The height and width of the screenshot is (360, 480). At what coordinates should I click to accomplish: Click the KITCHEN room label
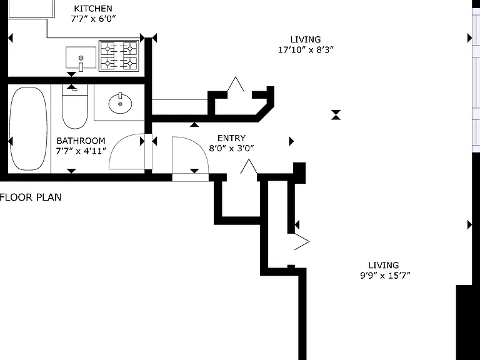93,9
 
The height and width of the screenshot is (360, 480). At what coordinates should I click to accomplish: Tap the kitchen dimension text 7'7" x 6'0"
93,19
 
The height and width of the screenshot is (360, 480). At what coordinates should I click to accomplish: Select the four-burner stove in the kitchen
119,56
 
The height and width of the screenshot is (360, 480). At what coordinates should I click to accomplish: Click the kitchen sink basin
81,57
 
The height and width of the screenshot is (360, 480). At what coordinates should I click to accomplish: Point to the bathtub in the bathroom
29,129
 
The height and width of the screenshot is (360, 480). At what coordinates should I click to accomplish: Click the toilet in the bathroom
75,106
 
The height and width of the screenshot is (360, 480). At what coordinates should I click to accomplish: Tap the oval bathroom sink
120,103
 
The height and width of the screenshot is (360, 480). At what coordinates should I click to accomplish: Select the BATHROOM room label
81,141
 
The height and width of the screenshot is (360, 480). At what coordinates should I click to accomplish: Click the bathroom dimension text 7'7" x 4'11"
81,151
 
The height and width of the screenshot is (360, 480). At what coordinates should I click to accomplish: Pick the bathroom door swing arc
118,144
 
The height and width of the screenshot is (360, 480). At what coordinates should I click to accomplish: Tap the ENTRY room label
231,138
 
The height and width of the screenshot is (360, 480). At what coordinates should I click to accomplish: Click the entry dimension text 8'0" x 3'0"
231,149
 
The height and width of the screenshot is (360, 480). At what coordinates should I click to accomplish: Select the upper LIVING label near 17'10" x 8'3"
306,39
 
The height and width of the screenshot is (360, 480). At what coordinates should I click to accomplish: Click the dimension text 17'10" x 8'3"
306,49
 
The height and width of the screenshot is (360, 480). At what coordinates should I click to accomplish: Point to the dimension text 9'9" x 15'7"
385,276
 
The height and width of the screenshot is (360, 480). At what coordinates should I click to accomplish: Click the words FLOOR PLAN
31,197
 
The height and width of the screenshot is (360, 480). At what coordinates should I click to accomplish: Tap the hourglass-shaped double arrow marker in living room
336,115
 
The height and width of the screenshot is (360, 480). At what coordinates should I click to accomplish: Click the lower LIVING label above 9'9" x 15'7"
384,265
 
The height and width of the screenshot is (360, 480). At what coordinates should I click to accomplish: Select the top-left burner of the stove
107,48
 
